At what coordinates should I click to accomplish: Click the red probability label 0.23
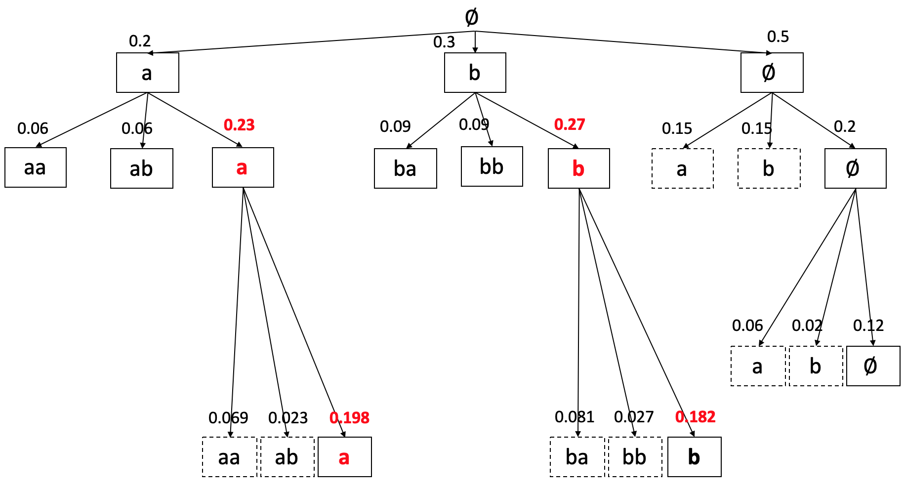point(239,125)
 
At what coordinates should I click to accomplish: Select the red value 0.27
point(570,124)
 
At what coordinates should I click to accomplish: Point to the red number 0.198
point(349,418)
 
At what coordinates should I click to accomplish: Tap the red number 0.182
point(695,417)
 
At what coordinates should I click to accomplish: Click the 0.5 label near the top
point(778,37)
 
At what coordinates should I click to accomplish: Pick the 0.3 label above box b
point(444,42)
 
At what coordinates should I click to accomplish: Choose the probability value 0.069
point(228,418)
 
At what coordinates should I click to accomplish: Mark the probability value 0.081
point(575,417)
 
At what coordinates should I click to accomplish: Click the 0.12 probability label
point(868,326)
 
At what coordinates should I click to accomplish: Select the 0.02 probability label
point(807,326)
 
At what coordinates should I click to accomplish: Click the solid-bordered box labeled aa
point(36,167)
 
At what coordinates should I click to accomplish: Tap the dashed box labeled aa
point(230,457)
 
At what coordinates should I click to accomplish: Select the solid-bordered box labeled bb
point(492,166)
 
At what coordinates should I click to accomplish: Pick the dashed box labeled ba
point(577,457)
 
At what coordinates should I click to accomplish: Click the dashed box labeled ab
point(288,457)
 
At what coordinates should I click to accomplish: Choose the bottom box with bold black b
point(695,457)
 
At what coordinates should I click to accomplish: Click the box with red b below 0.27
point(579,168)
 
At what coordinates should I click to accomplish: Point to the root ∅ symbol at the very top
point(472,17)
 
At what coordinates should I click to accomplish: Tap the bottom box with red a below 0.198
point(345,457)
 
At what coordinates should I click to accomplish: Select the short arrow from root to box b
point(475,42)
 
